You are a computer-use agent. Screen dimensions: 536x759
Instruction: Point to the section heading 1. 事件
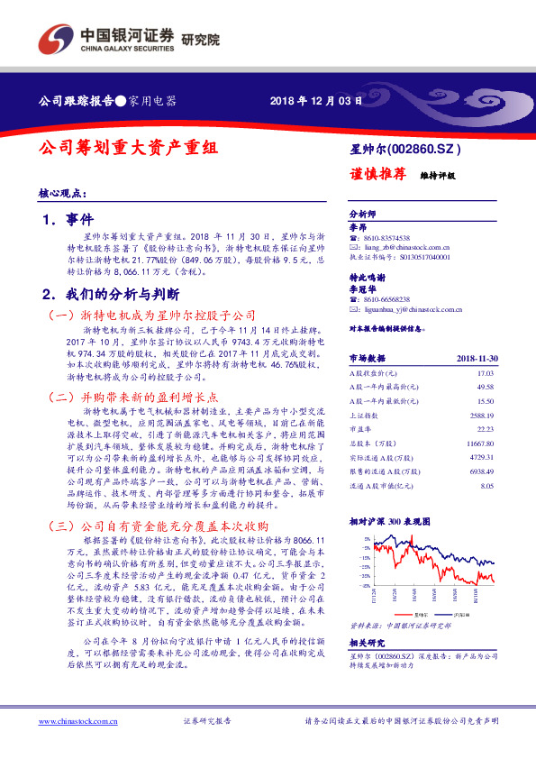point(68,219)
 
